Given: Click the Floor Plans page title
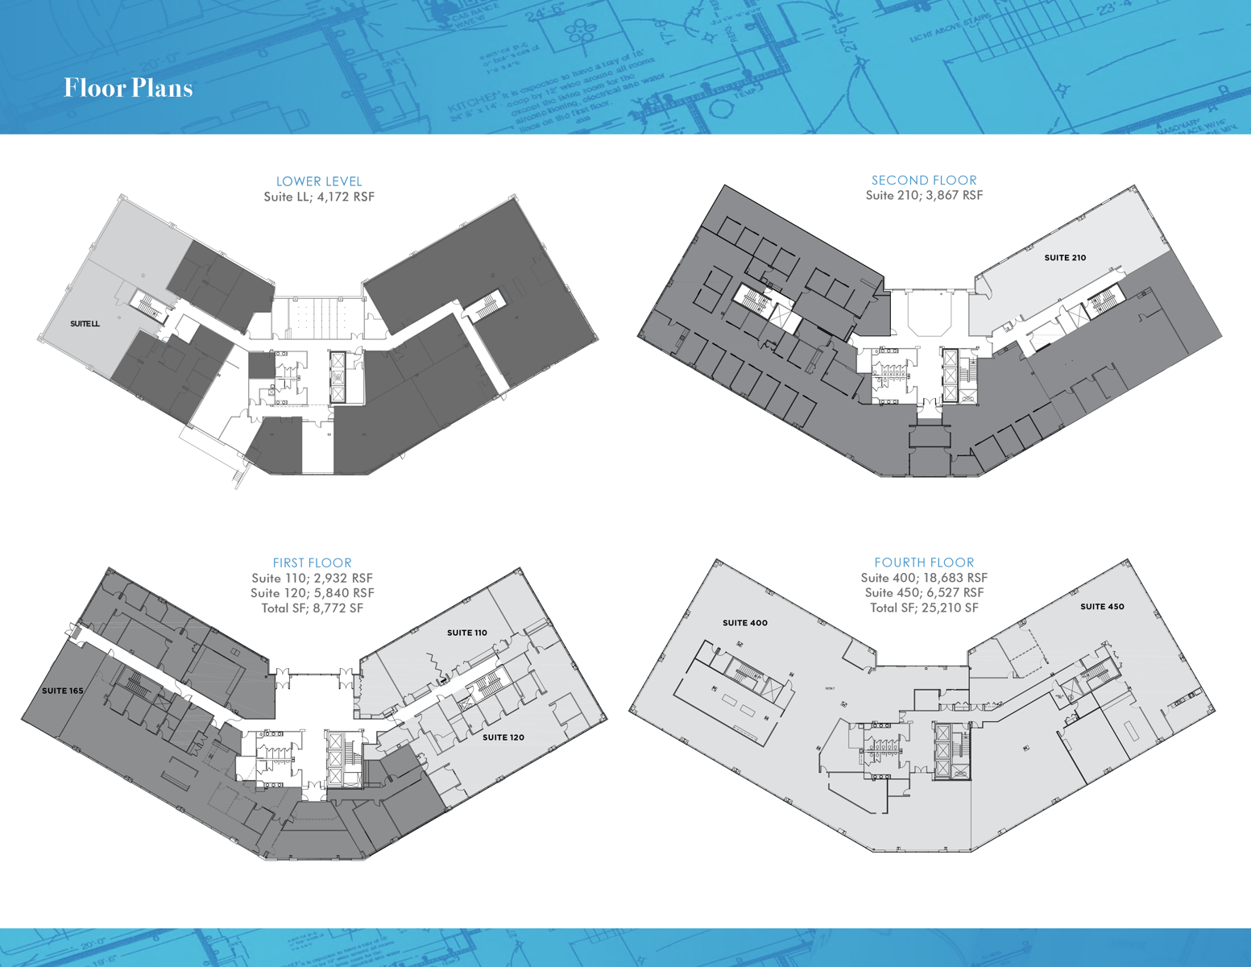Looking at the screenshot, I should point(128,88).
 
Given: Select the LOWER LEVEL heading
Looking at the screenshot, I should point(319,181).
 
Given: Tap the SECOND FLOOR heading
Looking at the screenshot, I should point(924,181).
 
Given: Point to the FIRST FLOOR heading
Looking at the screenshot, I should point(312,562).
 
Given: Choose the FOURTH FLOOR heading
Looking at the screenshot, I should point(924,562).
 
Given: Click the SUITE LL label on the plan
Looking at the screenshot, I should point(85,324).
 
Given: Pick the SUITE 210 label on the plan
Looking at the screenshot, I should point(1065,258).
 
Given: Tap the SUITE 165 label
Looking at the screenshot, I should point(62,691).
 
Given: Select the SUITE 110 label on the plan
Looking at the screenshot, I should point(466,633).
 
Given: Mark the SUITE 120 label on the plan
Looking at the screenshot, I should point(503,737).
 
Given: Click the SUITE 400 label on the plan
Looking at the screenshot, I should point(744,623).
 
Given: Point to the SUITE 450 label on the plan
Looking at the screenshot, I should point(1102,607).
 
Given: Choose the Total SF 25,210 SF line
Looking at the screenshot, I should point(924,608).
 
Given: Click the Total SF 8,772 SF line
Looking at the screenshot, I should point(312,608).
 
